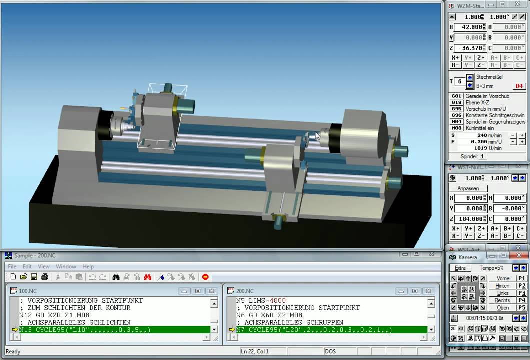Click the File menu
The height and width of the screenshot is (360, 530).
(12, 266)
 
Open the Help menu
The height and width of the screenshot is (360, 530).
(88, 266)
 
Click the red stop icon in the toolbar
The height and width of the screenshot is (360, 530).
(205, 277)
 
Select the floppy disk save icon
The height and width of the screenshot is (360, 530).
(34, 277)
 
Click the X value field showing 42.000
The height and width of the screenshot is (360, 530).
(470, 27)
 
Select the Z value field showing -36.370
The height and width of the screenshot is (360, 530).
(470, 48)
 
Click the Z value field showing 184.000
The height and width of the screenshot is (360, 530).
(470, 219)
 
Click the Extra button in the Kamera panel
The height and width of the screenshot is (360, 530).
(460, 268)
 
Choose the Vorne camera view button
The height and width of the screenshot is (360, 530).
(503, 279)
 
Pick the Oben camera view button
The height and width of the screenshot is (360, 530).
(503, 308)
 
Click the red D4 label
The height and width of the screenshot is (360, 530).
(518, 86)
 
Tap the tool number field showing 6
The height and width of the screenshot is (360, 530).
(459, 82)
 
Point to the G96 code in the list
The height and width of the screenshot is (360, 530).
(456, 115)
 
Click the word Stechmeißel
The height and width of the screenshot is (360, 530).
(489, 77)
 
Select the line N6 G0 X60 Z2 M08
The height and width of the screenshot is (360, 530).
(270, 315)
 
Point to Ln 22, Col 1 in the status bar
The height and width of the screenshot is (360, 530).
(255, 351)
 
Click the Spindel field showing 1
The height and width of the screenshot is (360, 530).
(483, 156)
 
